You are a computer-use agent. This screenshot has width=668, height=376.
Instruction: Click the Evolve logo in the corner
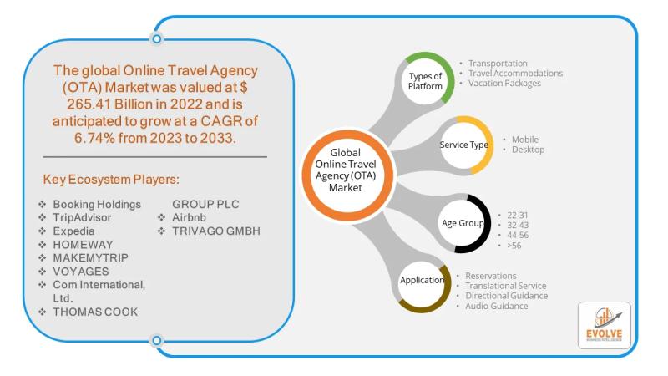click(604, 325)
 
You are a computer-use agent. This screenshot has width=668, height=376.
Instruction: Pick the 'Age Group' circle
click(463, 223)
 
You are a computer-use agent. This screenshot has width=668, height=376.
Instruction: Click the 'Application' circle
click(422, 283)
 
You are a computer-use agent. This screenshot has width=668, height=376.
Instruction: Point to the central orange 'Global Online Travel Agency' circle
click(347, 175)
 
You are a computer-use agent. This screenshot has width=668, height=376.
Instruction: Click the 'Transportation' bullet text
click(498, 64)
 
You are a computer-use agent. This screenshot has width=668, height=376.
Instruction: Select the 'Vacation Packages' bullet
click(504, 83)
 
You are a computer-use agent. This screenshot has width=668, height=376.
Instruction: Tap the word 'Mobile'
click(525, 140)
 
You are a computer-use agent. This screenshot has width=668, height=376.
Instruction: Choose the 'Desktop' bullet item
click(528, 150)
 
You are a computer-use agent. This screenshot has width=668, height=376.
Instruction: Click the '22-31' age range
click(517, 216)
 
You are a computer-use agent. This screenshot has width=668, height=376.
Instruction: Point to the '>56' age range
click(514, 246)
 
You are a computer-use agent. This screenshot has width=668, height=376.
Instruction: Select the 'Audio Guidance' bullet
click(496, 306)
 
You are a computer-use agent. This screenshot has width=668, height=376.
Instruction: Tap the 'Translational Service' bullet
click(505, 286)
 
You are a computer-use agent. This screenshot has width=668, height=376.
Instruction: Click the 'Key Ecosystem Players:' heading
click(111, 180)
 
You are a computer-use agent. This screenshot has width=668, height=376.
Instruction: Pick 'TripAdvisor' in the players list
click(82, 217)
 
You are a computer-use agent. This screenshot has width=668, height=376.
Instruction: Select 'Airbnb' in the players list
click(189, 217)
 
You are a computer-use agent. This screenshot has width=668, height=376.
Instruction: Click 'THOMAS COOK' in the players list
click(95, 312)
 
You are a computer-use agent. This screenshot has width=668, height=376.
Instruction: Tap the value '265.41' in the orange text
click(89, 104)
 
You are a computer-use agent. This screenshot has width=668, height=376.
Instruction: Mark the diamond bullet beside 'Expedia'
click(43, 231)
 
